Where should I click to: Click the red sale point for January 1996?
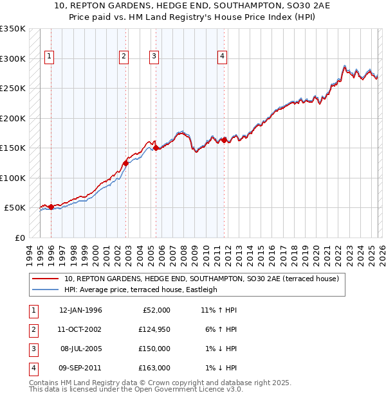pyautogui.click(x=51, y=207)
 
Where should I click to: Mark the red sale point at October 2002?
pyautogui.click(x=126, y=163)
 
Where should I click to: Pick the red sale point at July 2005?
pyautogui.click(x=156, y=148)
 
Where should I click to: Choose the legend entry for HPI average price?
pyautogui.click(x=140, y=290)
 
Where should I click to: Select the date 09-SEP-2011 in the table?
pyautogui.click(x=80, y=368)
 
